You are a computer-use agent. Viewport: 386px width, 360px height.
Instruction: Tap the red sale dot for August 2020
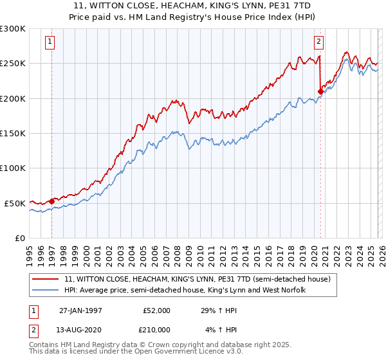320,91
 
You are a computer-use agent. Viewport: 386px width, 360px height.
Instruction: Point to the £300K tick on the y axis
13,29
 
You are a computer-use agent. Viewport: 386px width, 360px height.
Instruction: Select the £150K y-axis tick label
13,133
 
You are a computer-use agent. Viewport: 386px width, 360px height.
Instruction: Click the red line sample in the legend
46,279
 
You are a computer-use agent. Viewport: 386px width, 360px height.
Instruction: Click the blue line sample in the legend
46,291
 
